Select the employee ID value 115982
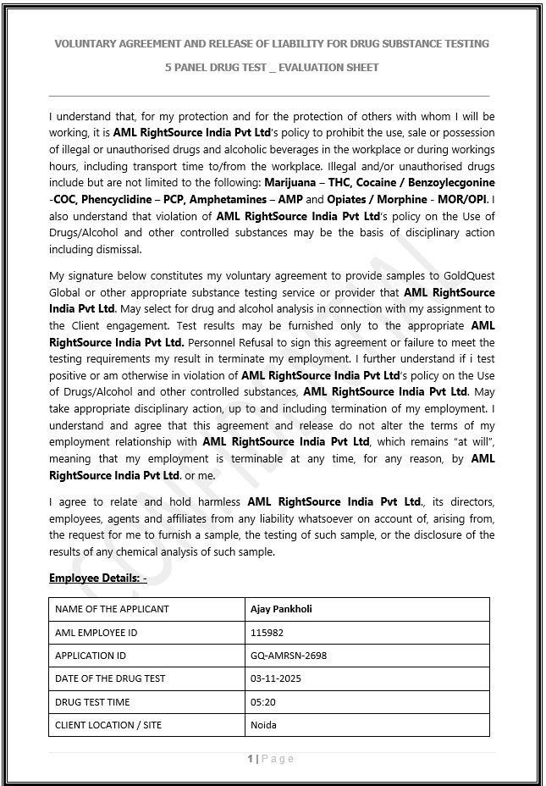(267, 633)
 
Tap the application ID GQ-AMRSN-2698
(289, 656)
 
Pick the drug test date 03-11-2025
(276, 678)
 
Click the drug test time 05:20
(263, 702)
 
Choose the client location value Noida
(264, 725)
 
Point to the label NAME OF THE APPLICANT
(112, 609)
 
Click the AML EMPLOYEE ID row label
(96, 633)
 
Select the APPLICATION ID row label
(91, 656)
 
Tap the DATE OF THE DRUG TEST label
(110, 678)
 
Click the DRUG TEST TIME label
(93, 702)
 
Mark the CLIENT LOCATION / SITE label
(108, 725)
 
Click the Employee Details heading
(97, 578)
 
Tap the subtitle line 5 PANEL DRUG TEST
(272, 67)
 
